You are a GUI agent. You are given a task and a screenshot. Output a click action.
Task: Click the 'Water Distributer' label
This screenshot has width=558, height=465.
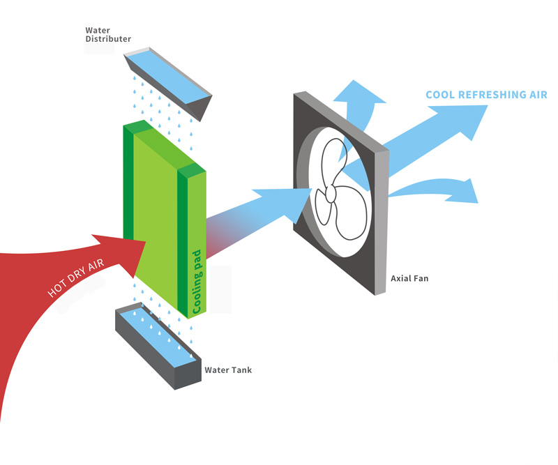pyautogui.click(x=107, y=35)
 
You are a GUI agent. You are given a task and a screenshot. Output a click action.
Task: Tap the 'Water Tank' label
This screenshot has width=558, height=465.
pyautogui.click(x=228, y=369)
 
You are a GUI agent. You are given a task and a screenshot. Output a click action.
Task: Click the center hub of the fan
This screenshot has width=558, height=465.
pyautogui.click(x=330, y=194)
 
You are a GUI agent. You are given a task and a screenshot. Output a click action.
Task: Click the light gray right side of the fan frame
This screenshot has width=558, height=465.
pyautogui.click(x=381, y=223)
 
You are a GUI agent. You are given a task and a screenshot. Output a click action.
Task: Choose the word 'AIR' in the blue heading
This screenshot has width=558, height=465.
pyautogui.click(x=537, y=95)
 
